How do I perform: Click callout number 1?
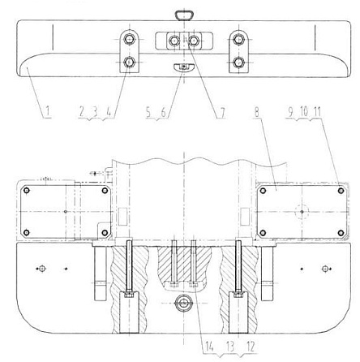click(x=47, y=111)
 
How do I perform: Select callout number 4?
click(x=109, y=111)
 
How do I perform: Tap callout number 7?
click(x=222, y=112)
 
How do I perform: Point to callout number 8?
click(x=257, y=112)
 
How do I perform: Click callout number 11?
click(x=317, y=111)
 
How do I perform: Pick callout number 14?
click(x=209, y=347)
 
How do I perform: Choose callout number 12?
click(x=251, y=347)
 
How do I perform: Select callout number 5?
click(x=148, y=112)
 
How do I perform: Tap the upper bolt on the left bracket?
click(x=130, y=40)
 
